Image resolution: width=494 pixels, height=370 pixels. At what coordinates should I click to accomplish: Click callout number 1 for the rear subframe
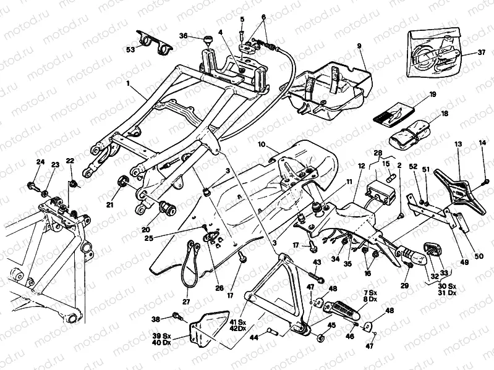128,82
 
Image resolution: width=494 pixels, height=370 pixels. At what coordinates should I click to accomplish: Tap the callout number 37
481,53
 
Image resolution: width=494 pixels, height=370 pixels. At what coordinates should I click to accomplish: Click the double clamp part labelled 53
155,38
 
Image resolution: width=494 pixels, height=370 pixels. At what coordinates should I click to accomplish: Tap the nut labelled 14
485,182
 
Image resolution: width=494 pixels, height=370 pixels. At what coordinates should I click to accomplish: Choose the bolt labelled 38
177,317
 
